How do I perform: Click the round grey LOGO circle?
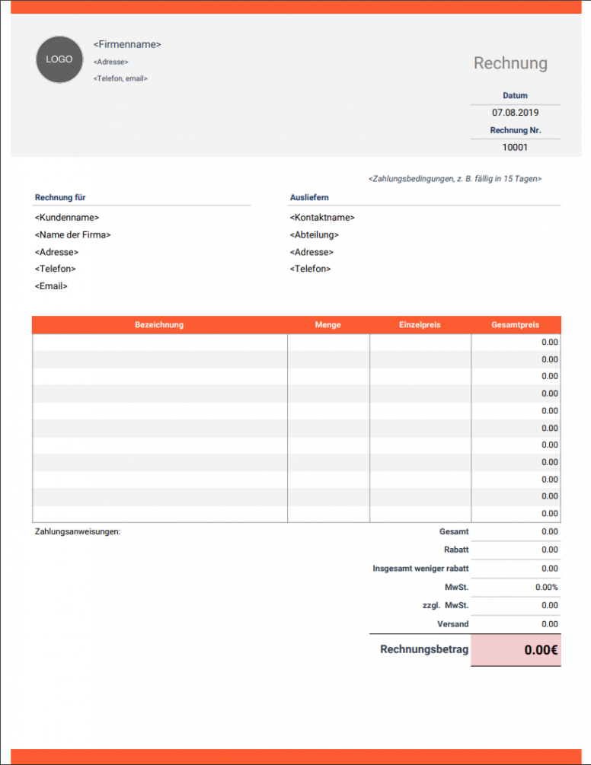59,59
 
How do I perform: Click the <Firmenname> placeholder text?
127,44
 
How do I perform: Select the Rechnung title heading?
510,63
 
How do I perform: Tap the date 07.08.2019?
515,113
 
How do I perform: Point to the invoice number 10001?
515,147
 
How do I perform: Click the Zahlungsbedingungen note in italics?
455,179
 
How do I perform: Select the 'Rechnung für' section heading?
60,198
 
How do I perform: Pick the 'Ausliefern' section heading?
309,198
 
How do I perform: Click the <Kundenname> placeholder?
67,218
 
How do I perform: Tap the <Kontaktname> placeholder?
322,218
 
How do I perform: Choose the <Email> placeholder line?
51,286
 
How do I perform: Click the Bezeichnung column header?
159,325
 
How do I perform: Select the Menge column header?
327,325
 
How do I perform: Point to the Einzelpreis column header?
420,325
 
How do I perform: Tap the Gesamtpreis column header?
515,325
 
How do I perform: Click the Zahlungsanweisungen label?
78,531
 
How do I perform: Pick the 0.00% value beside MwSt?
546,587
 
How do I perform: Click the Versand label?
453,624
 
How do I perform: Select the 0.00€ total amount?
541,651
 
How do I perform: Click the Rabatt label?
456,550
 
